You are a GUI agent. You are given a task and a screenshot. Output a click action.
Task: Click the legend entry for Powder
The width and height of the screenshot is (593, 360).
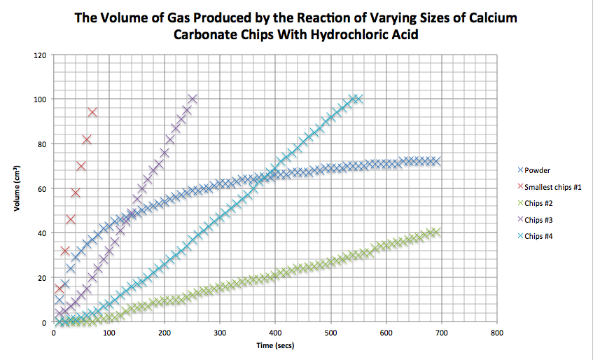(x=537, y=170)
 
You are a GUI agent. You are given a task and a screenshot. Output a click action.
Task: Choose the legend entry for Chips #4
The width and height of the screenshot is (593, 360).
(x=539, y=235)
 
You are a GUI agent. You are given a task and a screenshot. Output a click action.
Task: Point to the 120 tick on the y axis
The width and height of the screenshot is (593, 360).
(x=41, y=55)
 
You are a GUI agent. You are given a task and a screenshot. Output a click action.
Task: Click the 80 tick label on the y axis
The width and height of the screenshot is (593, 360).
(x=43, y=144)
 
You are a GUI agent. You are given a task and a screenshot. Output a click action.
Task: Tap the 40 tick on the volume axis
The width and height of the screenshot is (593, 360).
(x=43, y=234)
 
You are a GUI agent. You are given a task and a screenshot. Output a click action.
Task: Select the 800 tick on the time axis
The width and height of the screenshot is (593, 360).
(x=496, y=333)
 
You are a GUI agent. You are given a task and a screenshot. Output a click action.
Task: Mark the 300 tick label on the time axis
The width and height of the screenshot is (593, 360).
(x=219, y=333)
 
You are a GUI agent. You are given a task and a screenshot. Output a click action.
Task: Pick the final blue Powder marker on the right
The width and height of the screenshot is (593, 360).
(x=435, y=161)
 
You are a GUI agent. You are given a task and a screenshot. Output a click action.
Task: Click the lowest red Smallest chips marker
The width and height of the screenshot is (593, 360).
(x=60, y=289)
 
